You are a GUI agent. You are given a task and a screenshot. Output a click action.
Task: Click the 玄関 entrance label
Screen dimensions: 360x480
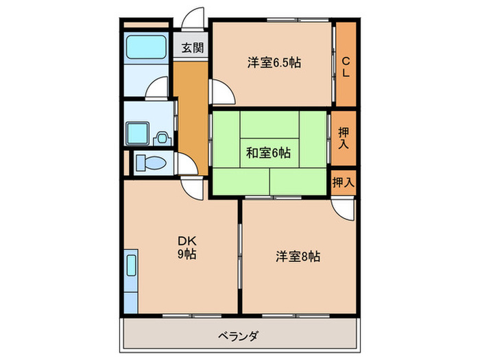pyautogui.click(x=192, y=48)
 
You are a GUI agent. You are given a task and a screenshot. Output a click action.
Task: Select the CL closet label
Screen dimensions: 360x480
pyautogui.click(x=346, y=66)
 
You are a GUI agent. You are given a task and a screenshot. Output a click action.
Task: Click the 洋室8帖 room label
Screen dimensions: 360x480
pyautogui.click(x=298, y=257)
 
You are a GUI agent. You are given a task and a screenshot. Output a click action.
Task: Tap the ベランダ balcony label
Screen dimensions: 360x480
pyautogui.click(x=239, y=336)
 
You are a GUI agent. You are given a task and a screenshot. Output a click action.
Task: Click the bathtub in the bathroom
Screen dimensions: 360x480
pyautogui.click(x=147, y=48)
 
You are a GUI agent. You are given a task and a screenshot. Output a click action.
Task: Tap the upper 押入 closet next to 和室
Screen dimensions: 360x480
pyautogui.click(x=344, y=138)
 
